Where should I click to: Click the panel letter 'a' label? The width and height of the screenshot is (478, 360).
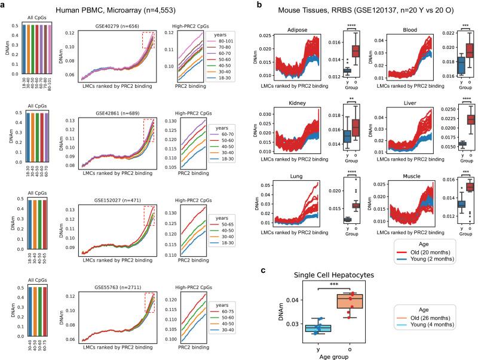pos(4,4)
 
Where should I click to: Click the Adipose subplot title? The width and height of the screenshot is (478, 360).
pos(295,28)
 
